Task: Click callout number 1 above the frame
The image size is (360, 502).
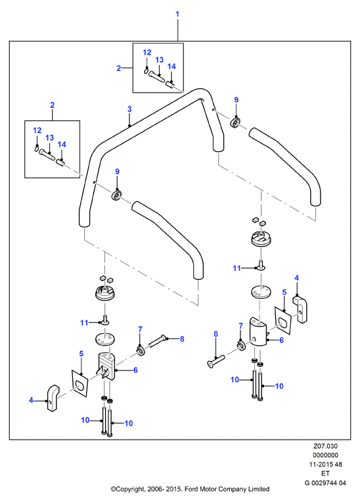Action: click(177, 14)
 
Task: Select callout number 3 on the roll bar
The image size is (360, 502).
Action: click(129, 109)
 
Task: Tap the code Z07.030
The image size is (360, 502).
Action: click(325, 446)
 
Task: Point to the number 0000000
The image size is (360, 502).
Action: click(325, 455)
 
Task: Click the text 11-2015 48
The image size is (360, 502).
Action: click(325, 465)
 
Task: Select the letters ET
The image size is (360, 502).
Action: click(325, 473)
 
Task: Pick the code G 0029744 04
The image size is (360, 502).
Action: click(325, 482)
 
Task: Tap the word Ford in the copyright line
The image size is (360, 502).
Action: click(191, 490)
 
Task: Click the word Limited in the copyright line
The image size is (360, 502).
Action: click(259, 490)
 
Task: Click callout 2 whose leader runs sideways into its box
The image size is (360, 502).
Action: click(119, 68)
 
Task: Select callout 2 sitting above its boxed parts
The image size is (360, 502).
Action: click(52, 105)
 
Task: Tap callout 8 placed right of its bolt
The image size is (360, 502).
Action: click(182, 339)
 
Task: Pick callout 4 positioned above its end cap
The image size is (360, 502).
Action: click(297, 278)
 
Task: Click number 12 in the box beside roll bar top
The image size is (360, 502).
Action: click(147, 53)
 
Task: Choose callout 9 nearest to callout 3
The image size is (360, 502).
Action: click(117, 171)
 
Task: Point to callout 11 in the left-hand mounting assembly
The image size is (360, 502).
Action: click(84, 323)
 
